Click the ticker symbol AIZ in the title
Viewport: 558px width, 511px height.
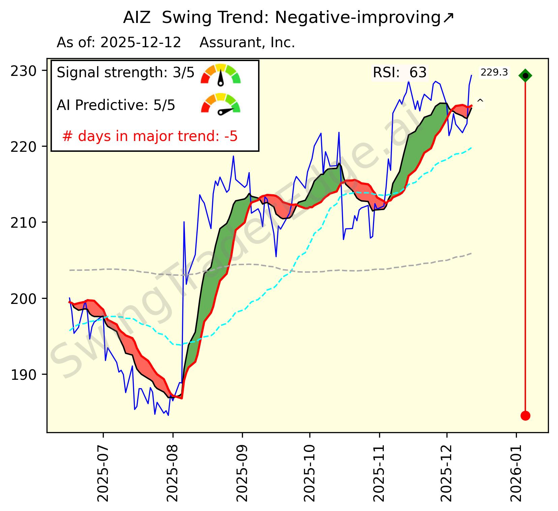[x=137, y=18]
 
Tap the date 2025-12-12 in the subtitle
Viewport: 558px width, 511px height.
[x=141, y=43]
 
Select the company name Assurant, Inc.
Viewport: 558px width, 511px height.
[x=247, y=43]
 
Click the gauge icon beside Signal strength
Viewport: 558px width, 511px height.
[x=221, y=74]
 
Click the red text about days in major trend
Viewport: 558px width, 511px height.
[x=150, y=137]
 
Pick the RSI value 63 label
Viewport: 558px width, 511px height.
[x=418, y=73]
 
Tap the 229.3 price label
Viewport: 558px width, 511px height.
[x=494, y=72]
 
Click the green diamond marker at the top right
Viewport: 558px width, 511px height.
[x=525, y=76]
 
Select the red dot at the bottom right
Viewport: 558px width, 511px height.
[x=525, y=416]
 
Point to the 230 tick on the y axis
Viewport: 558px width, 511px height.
[x=25, y=71]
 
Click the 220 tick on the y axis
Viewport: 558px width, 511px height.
[x=25, y=147]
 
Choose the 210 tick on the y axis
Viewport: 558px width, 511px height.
[x=25, y=223]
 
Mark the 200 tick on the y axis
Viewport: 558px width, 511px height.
[x=25, y=299]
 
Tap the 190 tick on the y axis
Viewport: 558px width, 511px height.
[x=25, y=375]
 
